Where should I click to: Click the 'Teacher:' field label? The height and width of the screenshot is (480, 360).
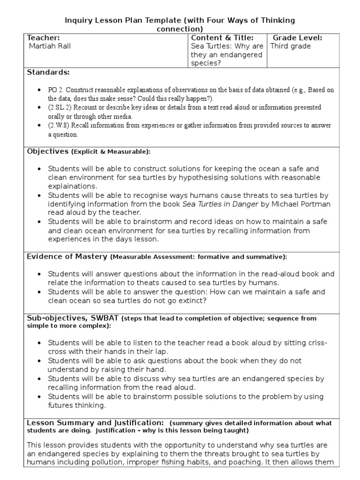(44, 37)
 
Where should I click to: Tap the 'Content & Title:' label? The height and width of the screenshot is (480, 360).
(222, 37)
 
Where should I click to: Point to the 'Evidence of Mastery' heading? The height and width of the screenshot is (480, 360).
(67, 257)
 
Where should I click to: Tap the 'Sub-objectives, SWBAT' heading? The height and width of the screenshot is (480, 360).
(73, 318)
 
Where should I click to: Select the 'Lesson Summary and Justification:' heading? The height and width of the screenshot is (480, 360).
(95, 423)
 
